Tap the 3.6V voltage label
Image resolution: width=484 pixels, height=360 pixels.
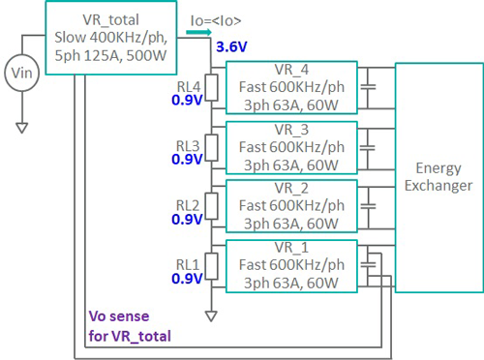(x=230, y=46)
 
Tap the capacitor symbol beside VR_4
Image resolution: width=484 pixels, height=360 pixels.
(x=370, y=93)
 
